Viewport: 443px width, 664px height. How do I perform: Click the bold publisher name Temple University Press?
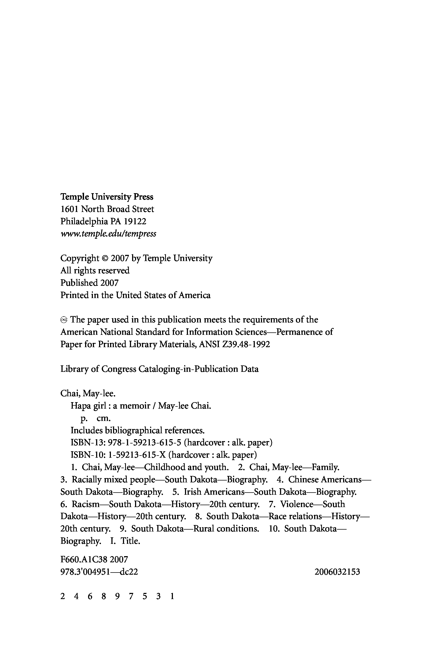107,197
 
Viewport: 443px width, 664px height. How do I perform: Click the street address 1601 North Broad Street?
107,209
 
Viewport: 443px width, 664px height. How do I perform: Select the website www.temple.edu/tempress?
108,234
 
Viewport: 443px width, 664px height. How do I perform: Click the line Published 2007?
90,283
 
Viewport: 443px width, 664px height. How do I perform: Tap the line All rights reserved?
95,271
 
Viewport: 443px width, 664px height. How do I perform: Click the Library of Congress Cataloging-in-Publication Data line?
159,369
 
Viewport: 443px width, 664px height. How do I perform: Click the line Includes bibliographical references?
137,431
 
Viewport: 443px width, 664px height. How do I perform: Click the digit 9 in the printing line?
117,596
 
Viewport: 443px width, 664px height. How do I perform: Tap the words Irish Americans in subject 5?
214,492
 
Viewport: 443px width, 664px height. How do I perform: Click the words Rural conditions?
226,529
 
